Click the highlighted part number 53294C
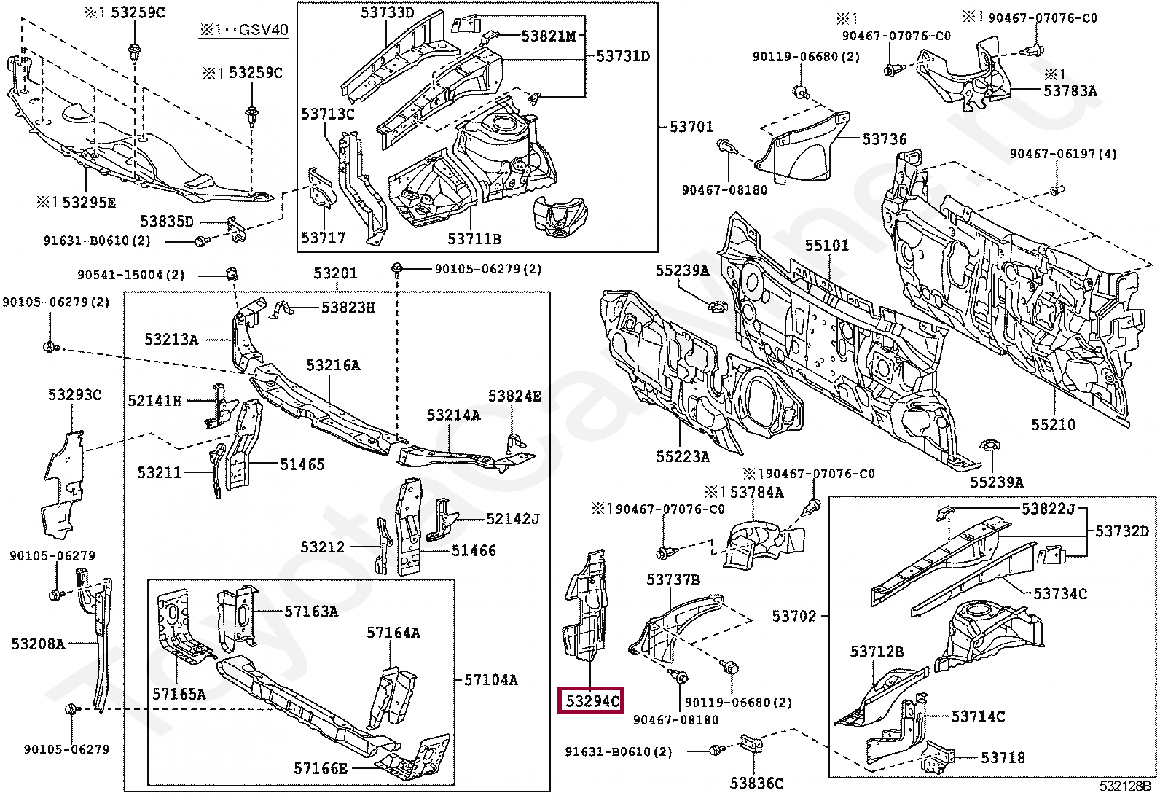592,701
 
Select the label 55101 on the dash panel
826,246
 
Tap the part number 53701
691,127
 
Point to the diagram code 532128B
1125,786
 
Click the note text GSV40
263,30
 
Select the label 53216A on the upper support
333,365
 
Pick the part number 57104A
491,680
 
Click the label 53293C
74,395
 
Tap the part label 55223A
683,457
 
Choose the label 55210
1053,424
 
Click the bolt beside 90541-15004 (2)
232,276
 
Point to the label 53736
884,139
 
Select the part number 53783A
1070,91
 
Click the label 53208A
38,644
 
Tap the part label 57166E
321,769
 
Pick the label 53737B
673,579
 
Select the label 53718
1003,758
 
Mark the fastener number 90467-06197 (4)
1062,154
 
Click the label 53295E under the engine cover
87,203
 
